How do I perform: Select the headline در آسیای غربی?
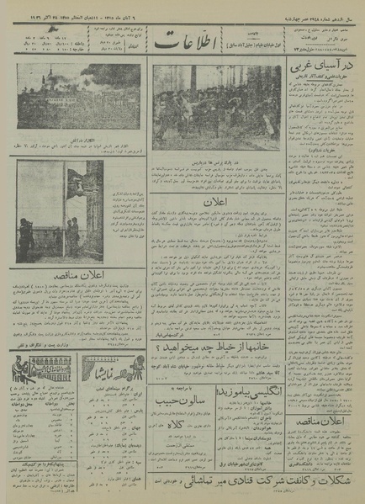(321, 68)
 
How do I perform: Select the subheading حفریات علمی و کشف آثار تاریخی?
(321, 82)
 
